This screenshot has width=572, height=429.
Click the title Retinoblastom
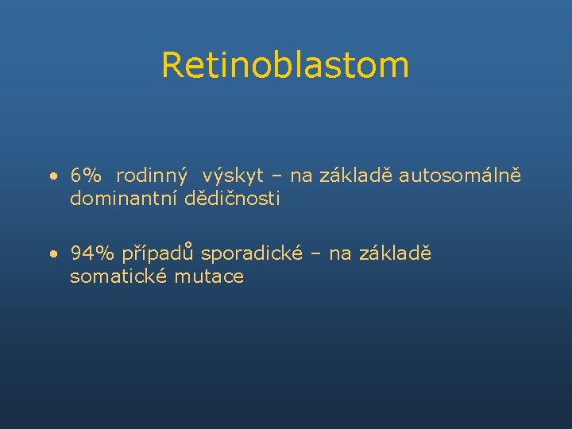coord(285,65)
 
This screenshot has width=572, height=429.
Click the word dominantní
coord(124,199)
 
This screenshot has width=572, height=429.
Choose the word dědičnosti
coord(232,199)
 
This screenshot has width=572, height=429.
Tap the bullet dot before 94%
coord(51,254)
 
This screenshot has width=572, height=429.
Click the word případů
coord(158,253)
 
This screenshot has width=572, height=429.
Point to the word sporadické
coord(251,253)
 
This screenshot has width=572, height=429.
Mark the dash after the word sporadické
coord(316,254)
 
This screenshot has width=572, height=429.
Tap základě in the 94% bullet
coord(395,253)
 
